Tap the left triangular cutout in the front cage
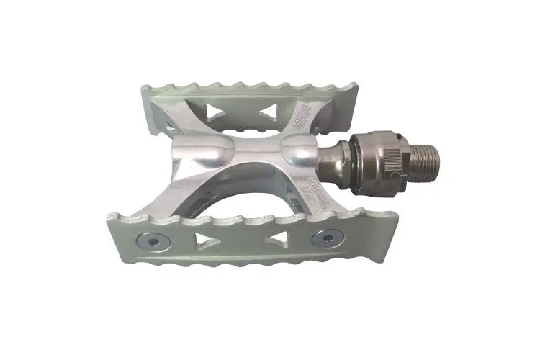pyautogui.click(x=207, y=239)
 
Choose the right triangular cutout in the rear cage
pyautogui.click(x=267, y=109)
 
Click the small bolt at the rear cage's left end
pyautogui.click(x=170, y=127)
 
